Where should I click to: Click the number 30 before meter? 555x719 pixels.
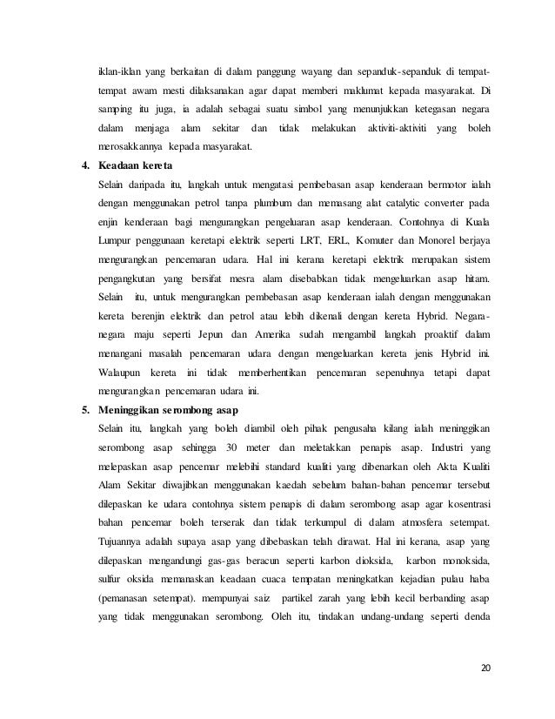231,447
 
